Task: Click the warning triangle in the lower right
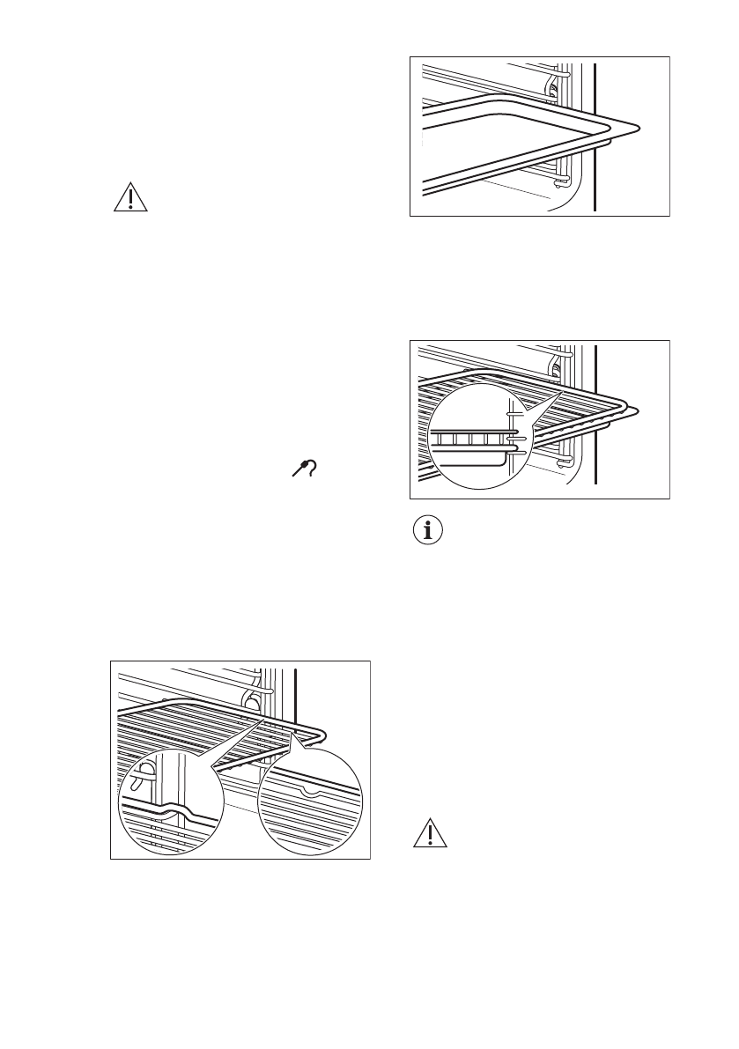430,833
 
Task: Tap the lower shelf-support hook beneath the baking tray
558,181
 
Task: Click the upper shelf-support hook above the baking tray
552,84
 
